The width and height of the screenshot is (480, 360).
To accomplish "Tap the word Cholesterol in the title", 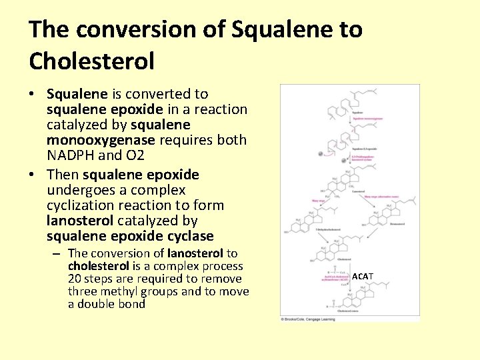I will pyautogui.click(x=91, y=61).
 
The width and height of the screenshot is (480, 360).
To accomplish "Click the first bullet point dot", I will pyautogui.click(x=33, y=94).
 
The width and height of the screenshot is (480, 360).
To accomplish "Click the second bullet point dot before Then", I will pyautogui.click(x=33, y=175).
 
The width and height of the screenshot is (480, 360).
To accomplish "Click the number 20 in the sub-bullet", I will pyautogui.click(x=75, y=279).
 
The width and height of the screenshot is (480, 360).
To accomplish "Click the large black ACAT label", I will pyautogui.click(x=363, y=276).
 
